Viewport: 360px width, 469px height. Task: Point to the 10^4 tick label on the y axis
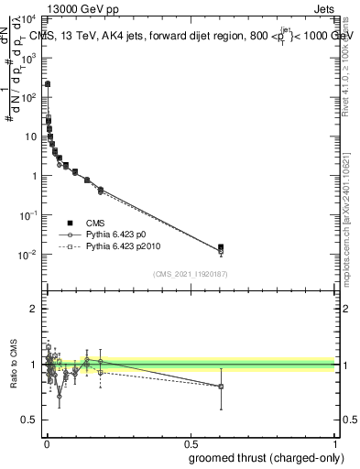pos(27,18)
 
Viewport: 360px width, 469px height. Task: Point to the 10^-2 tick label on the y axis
pos(27,254)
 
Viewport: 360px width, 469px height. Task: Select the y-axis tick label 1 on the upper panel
pos(34,176)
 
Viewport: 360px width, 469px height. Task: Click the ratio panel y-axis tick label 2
pos(33,309)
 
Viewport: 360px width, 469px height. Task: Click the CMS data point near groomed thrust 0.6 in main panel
pos(220,247)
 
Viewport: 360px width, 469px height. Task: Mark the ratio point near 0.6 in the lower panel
pos(220,386)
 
